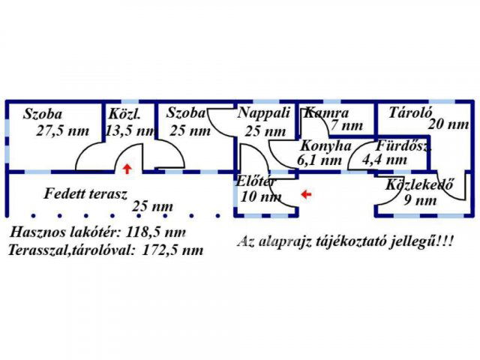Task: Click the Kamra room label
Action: click(326, 113)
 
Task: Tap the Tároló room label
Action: click(409, 113)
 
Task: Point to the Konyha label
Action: click(325, 145)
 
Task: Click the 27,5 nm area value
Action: click(62, 130)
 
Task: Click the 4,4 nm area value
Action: click(384, 160)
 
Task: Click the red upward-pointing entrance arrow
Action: click(127, 168)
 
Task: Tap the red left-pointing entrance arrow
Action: click(306, 194)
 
